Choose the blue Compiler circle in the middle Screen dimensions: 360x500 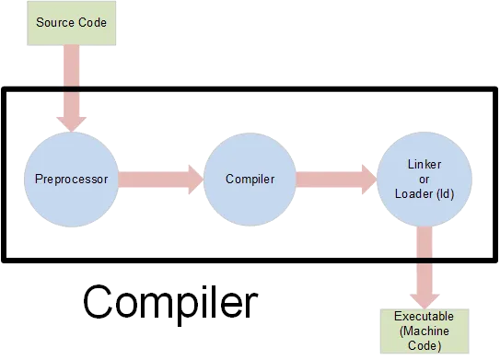(x=250, y=178)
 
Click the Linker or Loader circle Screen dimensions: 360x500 (x=424, y=178)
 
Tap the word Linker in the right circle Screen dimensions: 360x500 (x=424, y=164)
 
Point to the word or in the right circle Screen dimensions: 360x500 (x=424, y=178)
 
